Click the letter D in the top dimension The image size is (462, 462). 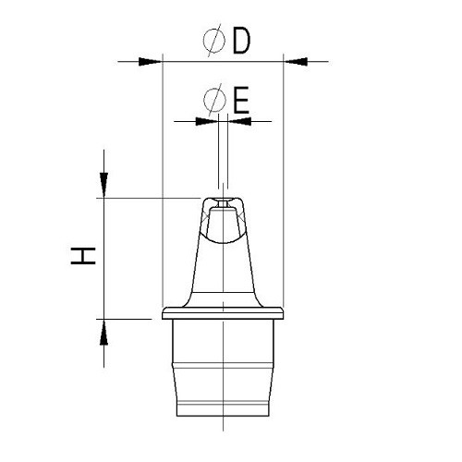[241, 42]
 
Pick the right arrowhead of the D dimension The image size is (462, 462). [294, 62]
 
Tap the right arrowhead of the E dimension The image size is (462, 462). [237, 121]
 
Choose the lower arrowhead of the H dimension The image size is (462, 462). [104, 331]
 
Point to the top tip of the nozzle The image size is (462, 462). [222, 198]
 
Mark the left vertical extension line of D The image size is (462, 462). [163, 185]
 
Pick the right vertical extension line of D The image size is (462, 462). [282, 185]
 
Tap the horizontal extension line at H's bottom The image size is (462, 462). [129, 319]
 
